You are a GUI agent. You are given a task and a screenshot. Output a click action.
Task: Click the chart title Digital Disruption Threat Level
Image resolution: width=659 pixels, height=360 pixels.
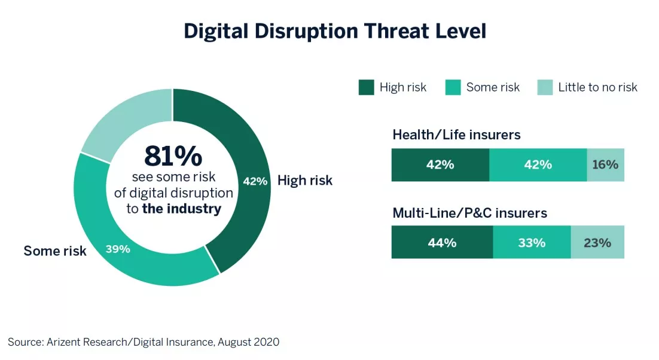point(335,31)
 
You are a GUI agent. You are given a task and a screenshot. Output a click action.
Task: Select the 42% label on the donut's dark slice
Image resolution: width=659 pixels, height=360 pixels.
point(255,181)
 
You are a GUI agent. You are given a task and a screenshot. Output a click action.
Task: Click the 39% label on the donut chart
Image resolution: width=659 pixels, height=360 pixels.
point(118,249)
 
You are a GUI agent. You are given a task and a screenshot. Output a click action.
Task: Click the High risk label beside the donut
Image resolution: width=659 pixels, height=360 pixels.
point(304,181)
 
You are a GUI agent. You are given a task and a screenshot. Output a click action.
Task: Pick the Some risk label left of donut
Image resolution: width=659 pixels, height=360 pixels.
point(55,251)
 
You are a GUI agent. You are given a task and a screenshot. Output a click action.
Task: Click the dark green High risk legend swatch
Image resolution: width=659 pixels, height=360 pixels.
point(366,87)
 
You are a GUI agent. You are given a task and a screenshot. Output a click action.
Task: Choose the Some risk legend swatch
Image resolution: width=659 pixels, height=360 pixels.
point(453,87)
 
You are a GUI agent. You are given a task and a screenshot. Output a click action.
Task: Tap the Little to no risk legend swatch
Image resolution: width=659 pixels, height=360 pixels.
point(545,87)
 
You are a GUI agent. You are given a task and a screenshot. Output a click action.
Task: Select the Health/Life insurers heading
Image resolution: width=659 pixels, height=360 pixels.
point(456,135)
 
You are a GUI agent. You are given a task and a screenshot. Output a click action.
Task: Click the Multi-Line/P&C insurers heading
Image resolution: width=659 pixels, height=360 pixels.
point(469,213)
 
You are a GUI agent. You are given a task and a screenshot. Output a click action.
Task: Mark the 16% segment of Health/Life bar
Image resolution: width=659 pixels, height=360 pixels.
point(605,165)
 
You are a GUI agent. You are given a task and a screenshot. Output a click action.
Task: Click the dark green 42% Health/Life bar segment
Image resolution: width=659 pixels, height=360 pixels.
point(440,165)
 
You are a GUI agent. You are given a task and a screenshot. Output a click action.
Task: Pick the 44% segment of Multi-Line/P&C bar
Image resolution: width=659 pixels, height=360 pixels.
point(442,243)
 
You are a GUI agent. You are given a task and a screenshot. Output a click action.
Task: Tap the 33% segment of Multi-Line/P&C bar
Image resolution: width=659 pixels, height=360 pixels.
point(532,243)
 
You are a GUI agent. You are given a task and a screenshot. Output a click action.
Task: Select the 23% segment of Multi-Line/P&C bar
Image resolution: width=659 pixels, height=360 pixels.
point(597,243)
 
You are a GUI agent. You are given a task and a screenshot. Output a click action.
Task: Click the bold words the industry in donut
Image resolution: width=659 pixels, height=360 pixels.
point(181,209)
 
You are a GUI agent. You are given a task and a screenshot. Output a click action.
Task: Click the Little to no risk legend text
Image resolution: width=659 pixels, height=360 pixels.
point(597,87)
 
